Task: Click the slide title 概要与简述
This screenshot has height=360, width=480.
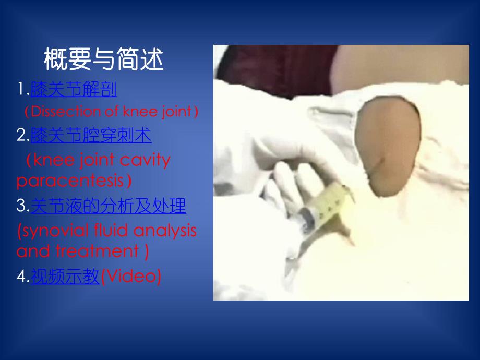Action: (103, 61)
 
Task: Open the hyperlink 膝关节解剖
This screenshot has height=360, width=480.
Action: (74, 90)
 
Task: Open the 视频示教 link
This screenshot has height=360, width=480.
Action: (65, 277)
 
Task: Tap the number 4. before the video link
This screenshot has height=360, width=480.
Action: (23, 277)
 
